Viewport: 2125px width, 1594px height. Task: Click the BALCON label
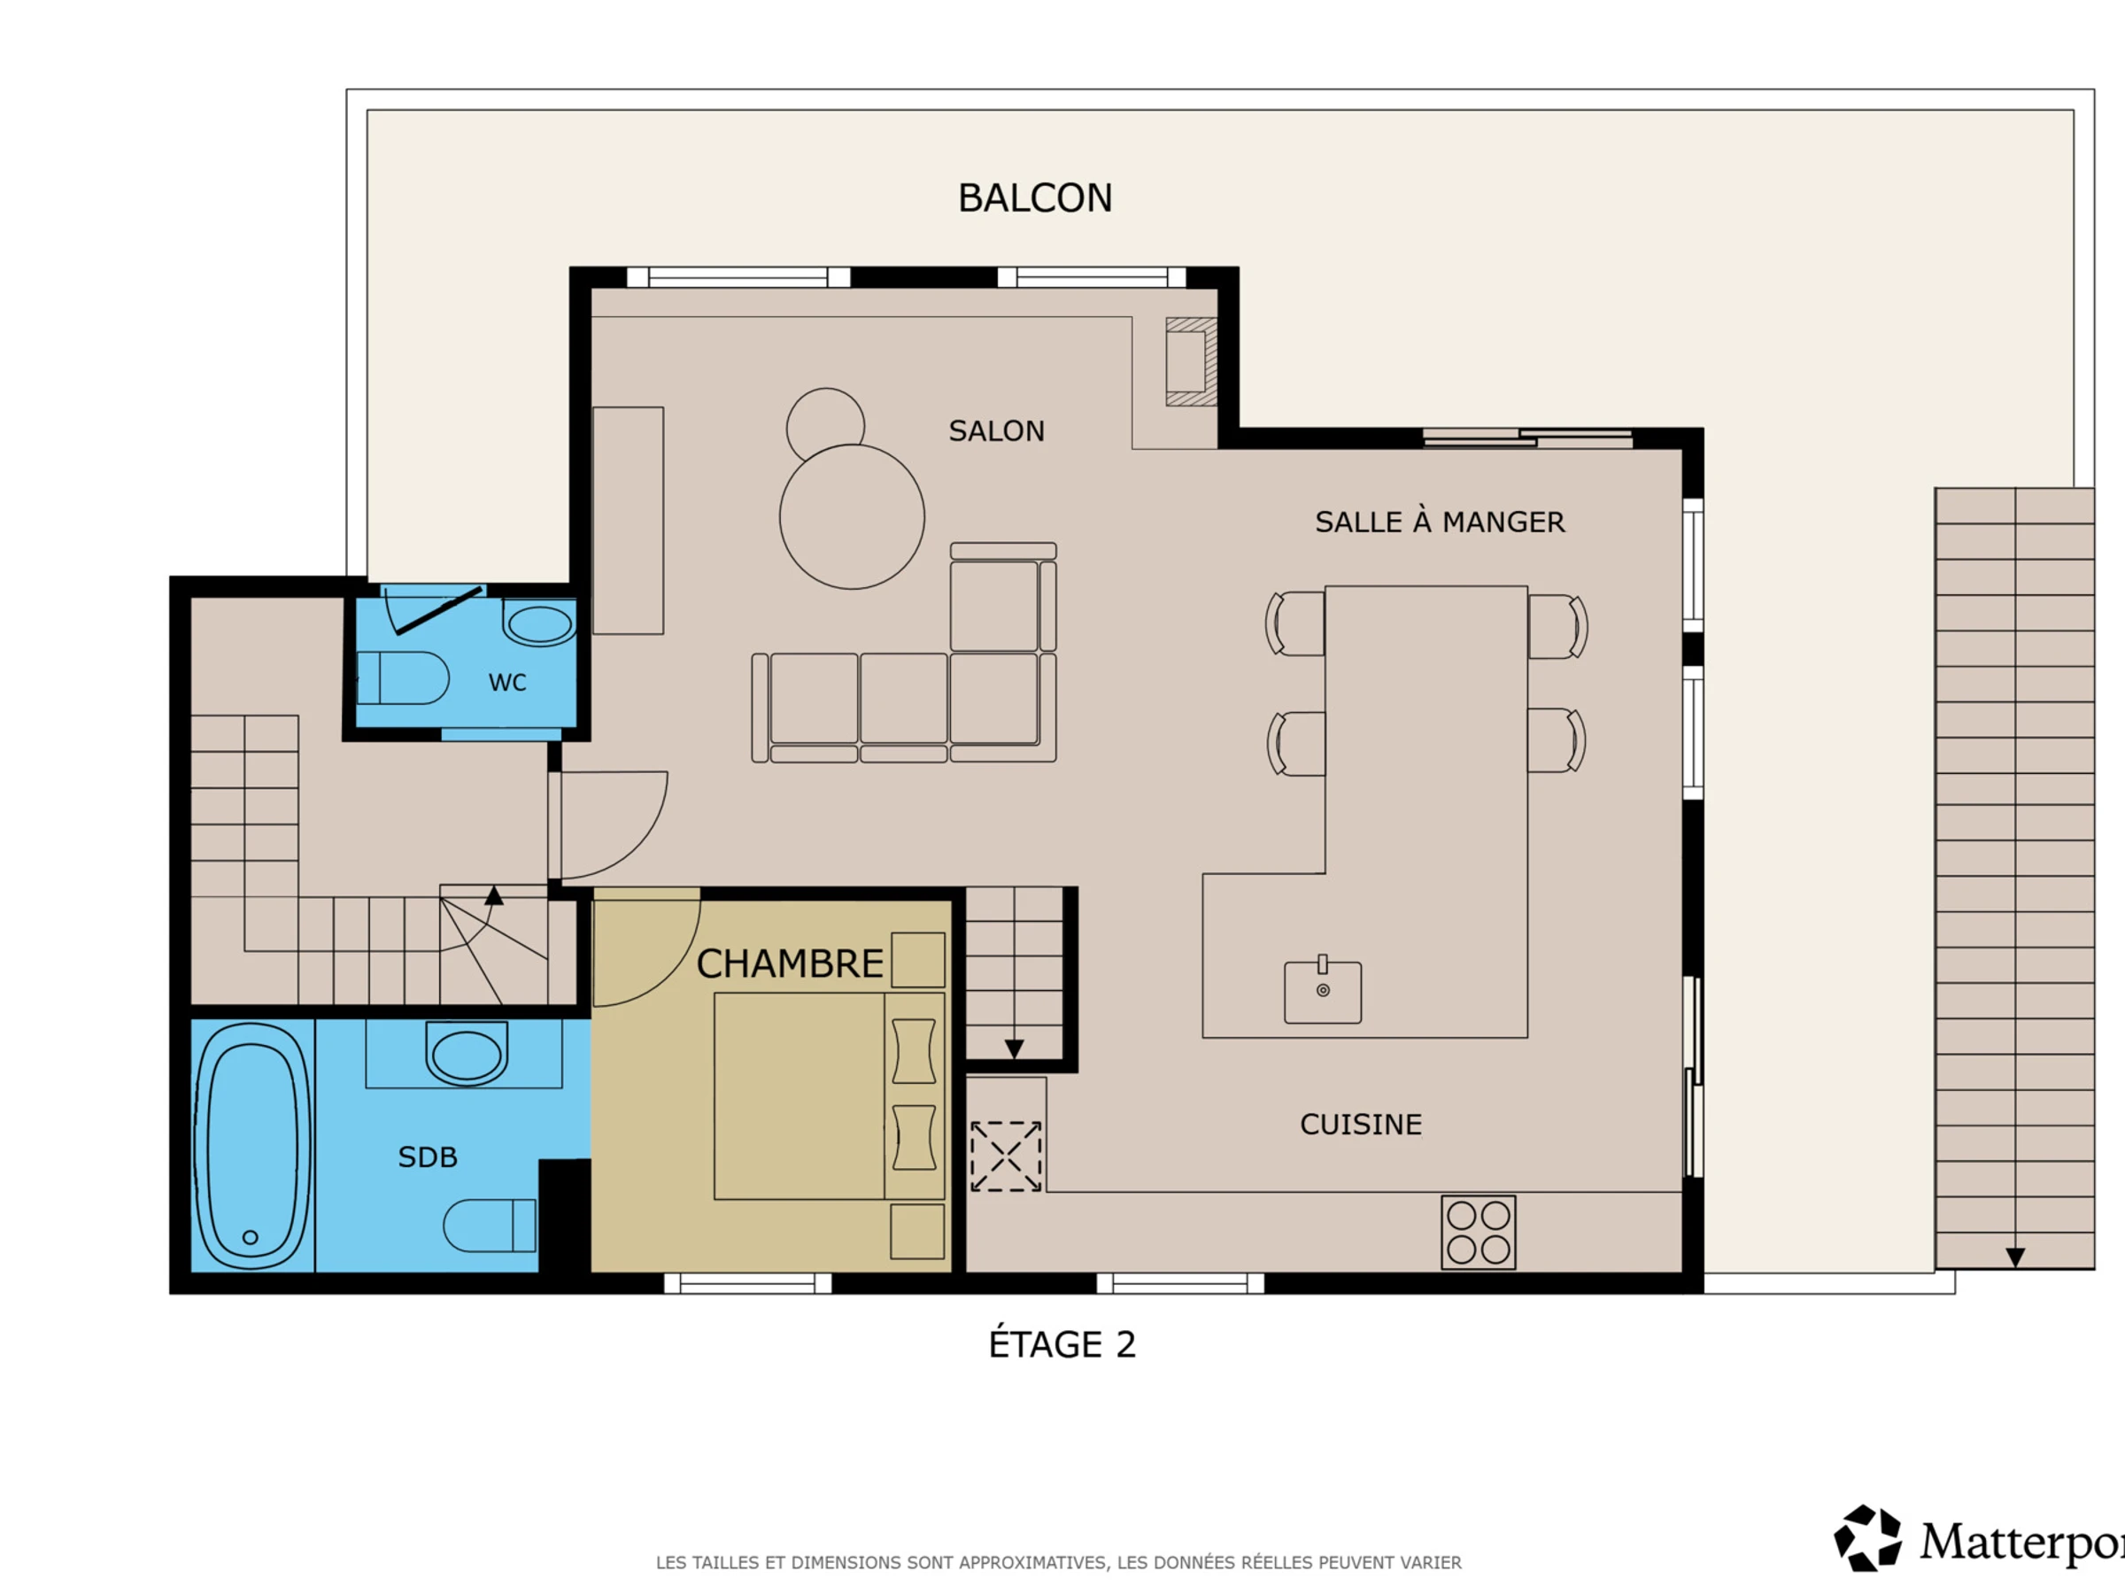tap(1035, 198)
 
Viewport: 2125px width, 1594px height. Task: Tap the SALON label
tap(996, 430)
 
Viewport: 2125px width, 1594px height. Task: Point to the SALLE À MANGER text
tap(1439, 522)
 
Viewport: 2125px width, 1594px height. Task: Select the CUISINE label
tap(1360, 1124)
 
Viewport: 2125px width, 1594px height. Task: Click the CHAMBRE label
tap(790, 963)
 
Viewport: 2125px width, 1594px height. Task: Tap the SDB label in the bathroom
tap(428, 1157)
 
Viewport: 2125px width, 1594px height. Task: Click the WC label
tap(507, 682)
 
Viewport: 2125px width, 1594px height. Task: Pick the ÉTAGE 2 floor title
tap(1062, 1344)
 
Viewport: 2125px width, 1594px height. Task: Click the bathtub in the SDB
tap(252, 1145)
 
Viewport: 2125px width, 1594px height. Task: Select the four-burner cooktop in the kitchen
tap(1479, 1233)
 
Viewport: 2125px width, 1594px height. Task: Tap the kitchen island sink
tap(1323, 991)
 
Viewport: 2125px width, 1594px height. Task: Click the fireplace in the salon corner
tap(1191, 361)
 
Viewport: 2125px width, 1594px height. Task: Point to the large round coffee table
tap(852, 517)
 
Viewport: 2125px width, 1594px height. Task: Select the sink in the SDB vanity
tap(466, 1054)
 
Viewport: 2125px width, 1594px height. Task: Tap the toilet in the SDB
tap(490, 1225)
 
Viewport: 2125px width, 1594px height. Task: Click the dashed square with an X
tap(1006, 1157)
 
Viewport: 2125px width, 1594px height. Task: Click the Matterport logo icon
tap(1867, 1538)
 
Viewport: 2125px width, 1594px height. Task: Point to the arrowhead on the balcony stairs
tap(2015, 1257)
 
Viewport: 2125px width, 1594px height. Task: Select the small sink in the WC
tap(540, 623)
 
